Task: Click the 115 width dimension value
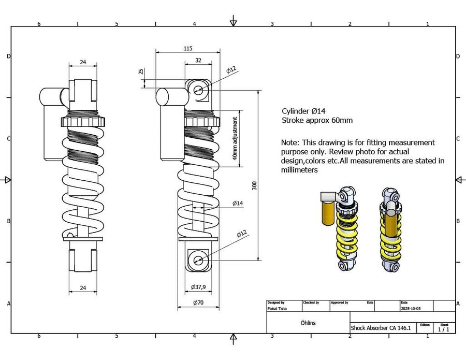click(187, 48)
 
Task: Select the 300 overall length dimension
click(254, 185)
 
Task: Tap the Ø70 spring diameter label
click(197, 303)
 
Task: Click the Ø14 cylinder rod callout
click(237, 204)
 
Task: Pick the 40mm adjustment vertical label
click(235, 138)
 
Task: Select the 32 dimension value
click(198, 60)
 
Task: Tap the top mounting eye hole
click(198, 90)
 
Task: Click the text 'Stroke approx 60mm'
click(317, 120)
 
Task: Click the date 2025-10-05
click(411, 308)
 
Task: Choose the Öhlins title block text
click(308, 323)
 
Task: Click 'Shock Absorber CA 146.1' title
click(381, 328)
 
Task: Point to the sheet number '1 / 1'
click(444, 329)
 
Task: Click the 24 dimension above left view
click(82, 62)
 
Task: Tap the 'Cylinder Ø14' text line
click(304, 111)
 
